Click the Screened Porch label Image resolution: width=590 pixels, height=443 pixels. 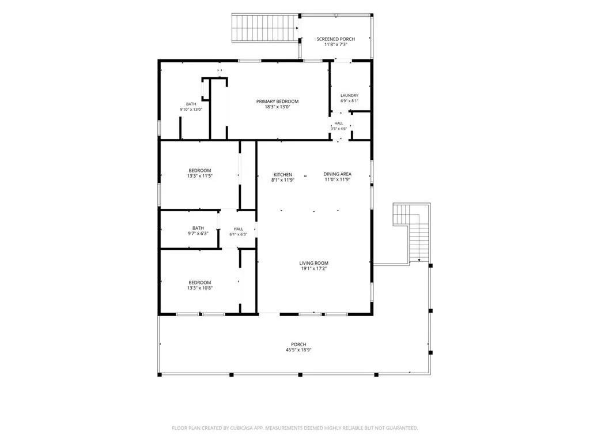pos(335,39)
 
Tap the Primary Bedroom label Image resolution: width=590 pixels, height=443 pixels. pos(277,102)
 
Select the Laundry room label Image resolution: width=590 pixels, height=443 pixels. pos(349,96)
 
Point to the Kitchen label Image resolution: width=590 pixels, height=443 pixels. pos(282,175)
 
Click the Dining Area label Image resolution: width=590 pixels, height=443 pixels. pos(338,174)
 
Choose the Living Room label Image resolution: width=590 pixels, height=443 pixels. pos(314,263)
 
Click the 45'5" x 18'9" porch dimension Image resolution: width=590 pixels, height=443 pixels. pos(298,350)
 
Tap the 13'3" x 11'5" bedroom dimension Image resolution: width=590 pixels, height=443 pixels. pos(200,175)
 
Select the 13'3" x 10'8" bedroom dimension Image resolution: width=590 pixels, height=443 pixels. pos(200,288)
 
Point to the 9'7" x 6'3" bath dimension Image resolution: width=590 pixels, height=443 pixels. pos(198,233)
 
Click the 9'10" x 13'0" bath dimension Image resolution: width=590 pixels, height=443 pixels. pos(191,109)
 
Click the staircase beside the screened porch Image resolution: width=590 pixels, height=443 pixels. pos(266,28)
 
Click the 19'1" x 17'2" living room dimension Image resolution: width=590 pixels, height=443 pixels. pos(314,269)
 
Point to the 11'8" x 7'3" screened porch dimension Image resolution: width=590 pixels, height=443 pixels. pos(336,44)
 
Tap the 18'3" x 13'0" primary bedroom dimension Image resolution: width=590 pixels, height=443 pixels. pos(277,107)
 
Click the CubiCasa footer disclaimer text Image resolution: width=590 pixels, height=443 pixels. pos(295,428)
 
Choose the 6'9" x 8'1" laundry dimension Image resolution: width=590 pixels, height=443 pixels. pos(349,101)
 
